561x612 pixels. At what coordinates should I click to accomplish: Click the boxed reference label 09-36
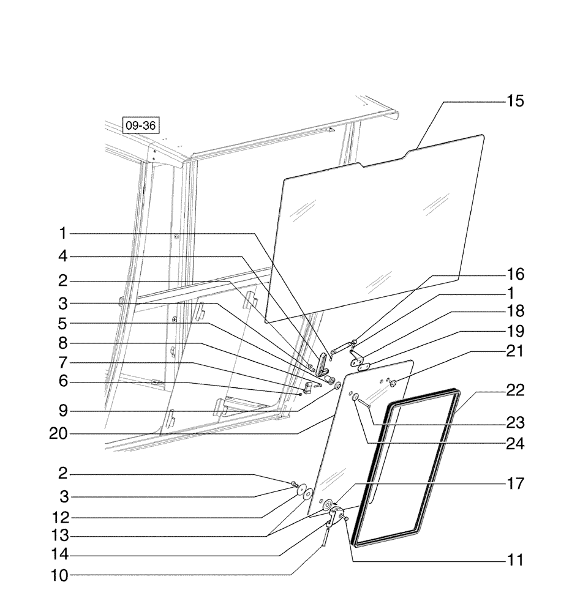tap(140, 126)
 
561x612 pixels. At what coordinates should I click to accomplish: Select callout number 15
tap(514, 101)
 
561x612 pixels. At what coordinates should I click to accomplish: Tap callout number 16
tap(514, 274)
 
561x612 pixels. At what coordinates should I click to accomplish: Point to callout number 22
tap(514, 390)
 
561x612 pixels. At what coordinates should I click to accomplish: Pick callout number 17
tap(514, 484)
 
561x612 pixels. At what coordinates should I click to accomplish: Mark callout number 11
tap(514, 560)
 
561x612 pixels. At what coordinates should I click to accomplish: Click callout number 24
tap(514, 444)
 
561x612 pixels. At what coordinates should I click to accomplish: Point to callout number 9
tap(63, 409)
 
